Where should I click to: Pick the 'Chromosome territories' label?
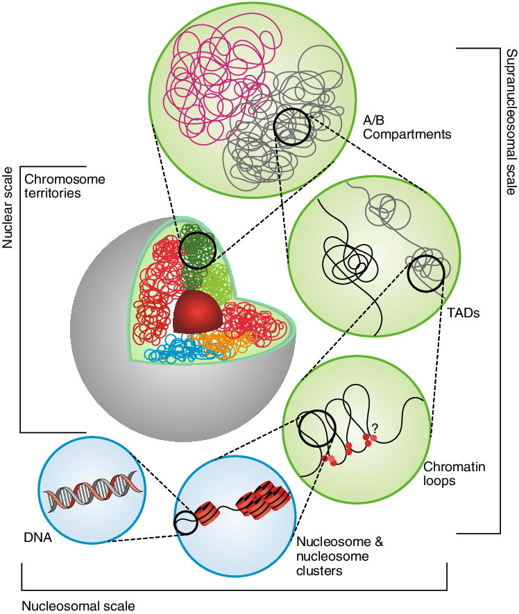[x=65, y=186]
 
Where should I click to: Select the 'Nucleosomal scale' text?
[x=78, y=605]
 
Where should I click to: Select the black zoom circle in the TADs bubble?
[x=426, y=274]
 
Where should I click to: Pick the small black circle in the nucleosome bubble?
[x=186, y=523]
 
